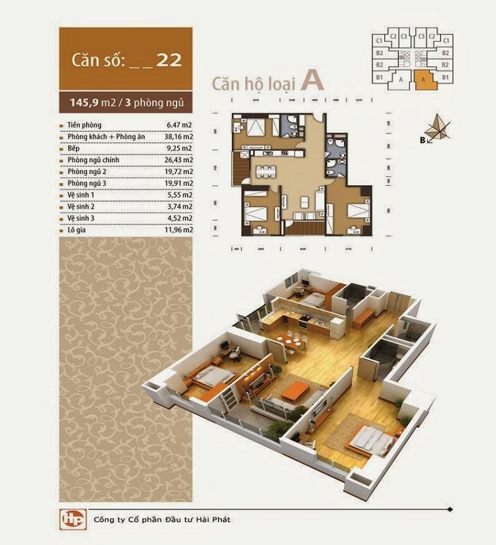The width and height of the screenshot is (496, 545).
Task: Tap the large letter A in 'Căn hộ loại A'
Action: tap(311, 81)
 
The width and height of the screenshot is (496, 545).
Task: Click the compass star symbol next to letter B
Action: tap(436, 127)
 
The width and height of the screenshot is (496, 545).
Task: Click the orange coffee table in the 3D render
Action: tap(296, 389)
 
